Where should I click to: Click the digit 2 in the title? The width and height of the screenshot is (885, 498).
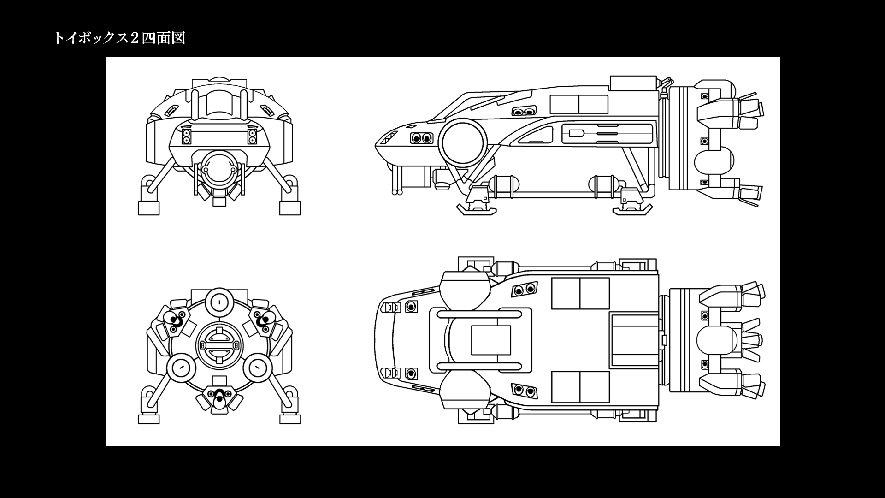135,38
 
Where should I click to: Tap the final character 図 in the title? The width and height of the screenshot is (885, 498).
178,38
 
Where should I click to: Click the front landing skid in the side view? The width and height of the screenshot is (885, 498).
477,210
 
